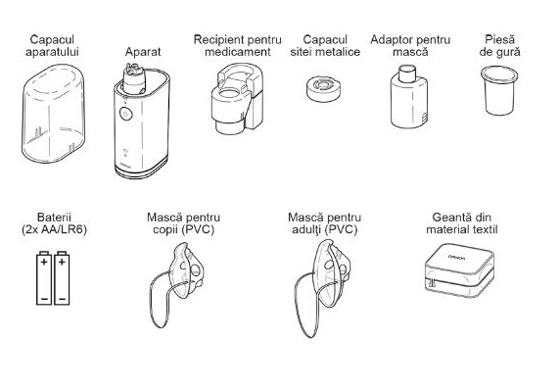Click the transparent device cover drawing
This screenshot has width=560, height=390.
click(54, 114)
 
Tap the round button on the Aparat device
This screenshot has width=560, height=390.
click(125, 114)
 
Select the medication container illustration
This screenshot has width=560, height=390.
click(238, 98)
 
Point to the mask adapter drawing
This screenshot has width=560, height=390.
click(409, 96)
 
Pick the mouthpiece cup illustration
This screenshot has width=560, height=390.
click(499, 90)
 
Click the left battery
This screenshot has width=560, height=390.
click(44, 278)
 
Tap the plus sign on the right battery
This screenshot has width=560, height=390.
click(62, 263)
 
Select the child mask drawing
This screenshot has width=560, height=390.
click(177, 285)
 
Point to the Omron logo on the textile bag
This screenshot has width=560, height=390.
click(457, 257)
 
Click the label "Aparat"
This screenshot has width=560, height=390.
click(143, 52)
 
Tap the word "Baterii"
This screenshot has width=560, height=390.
click(54, 218)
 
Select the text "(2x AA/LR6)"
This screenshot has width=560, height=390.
click(54, 229)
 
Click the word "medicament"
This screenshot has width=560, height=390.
click(238, 52)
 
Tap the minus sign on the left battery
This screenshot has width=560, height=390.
click(44, 298)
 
